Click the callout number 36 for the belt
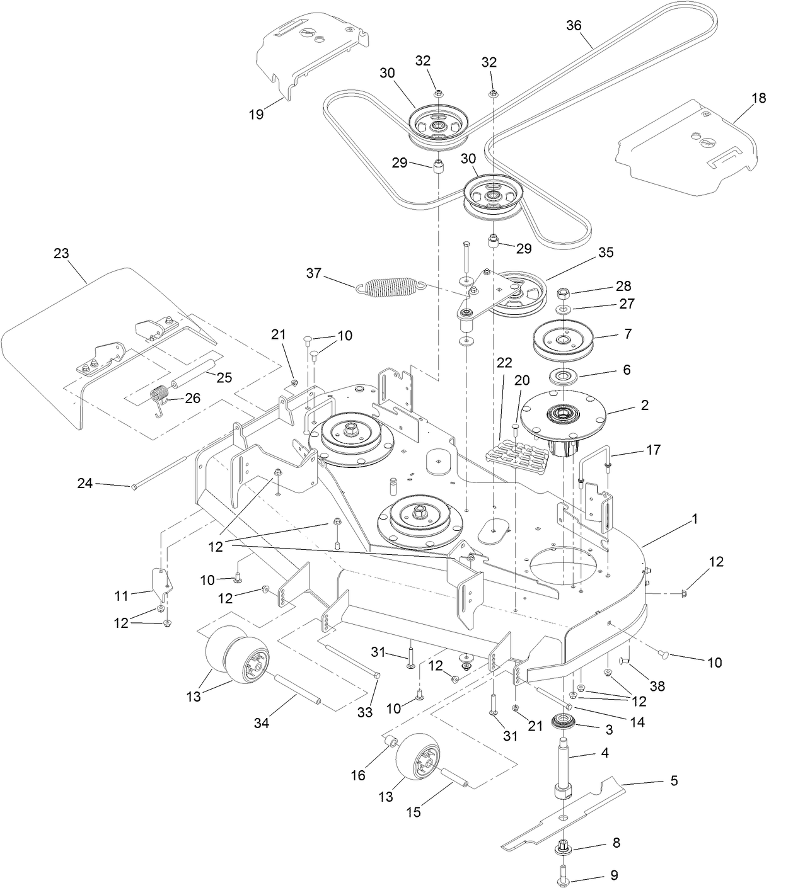pos(573,25)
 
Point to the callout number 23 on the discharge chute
pos(61,253)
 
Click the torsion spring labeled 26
pos(161,398)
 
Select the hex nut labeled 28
pos(564,293)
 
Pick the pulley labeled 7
pos(563,340)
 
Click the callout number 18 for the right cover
pos(759,98)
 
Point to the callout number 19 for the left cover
pos(257,115)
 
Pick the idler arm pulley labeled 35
pos(516,295)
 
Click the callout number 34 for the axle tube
pos(261,723)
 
